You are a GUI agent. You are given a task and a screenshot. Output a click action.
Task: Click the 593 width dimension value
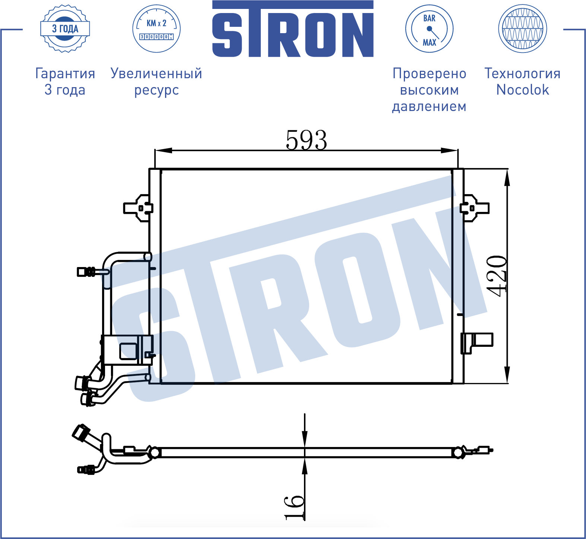coord(306,140)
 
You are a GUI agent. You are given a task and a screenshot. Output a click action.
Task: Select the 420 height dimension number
coord(497,276)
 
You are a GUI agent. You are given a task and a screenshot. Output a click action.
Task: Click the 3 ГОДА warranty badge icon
coord(65,29)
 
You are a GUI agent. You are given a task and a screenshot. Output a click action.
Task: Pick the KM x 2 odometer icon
coord(156,29)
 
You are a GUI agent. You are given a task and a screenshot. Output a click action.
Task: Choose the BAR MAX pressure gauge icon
coord(429,29)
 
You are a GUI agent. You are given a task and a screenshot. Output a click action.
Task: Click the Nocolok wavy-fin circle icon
coord(522,29)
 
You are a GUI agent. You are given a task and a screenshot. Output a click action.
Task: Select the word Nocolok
coord(522,90)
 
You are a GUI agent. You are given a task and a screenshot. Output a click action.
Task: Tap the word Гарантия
coord(65,73)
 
